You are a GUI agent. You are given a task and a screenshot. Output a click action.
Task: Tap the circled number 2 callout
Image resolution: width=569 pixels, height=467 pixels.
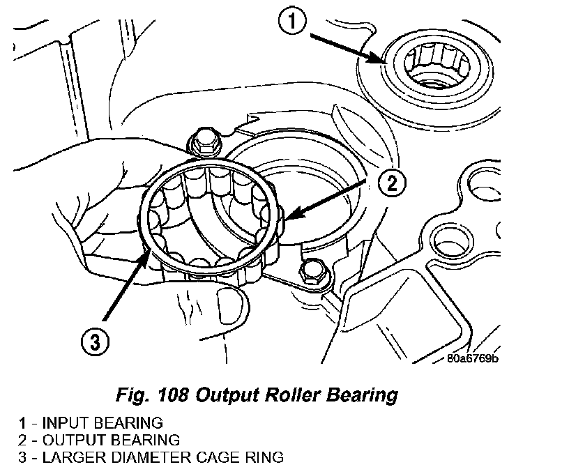point(392,183)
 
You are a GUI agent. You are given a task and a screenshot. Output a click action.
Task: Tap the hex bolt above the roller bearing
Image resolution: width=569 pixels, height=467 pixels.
point(206,141)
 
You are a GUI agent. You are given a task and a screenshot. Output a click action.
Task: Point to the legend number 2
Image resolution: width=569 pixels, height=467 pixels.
point(23,440)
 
